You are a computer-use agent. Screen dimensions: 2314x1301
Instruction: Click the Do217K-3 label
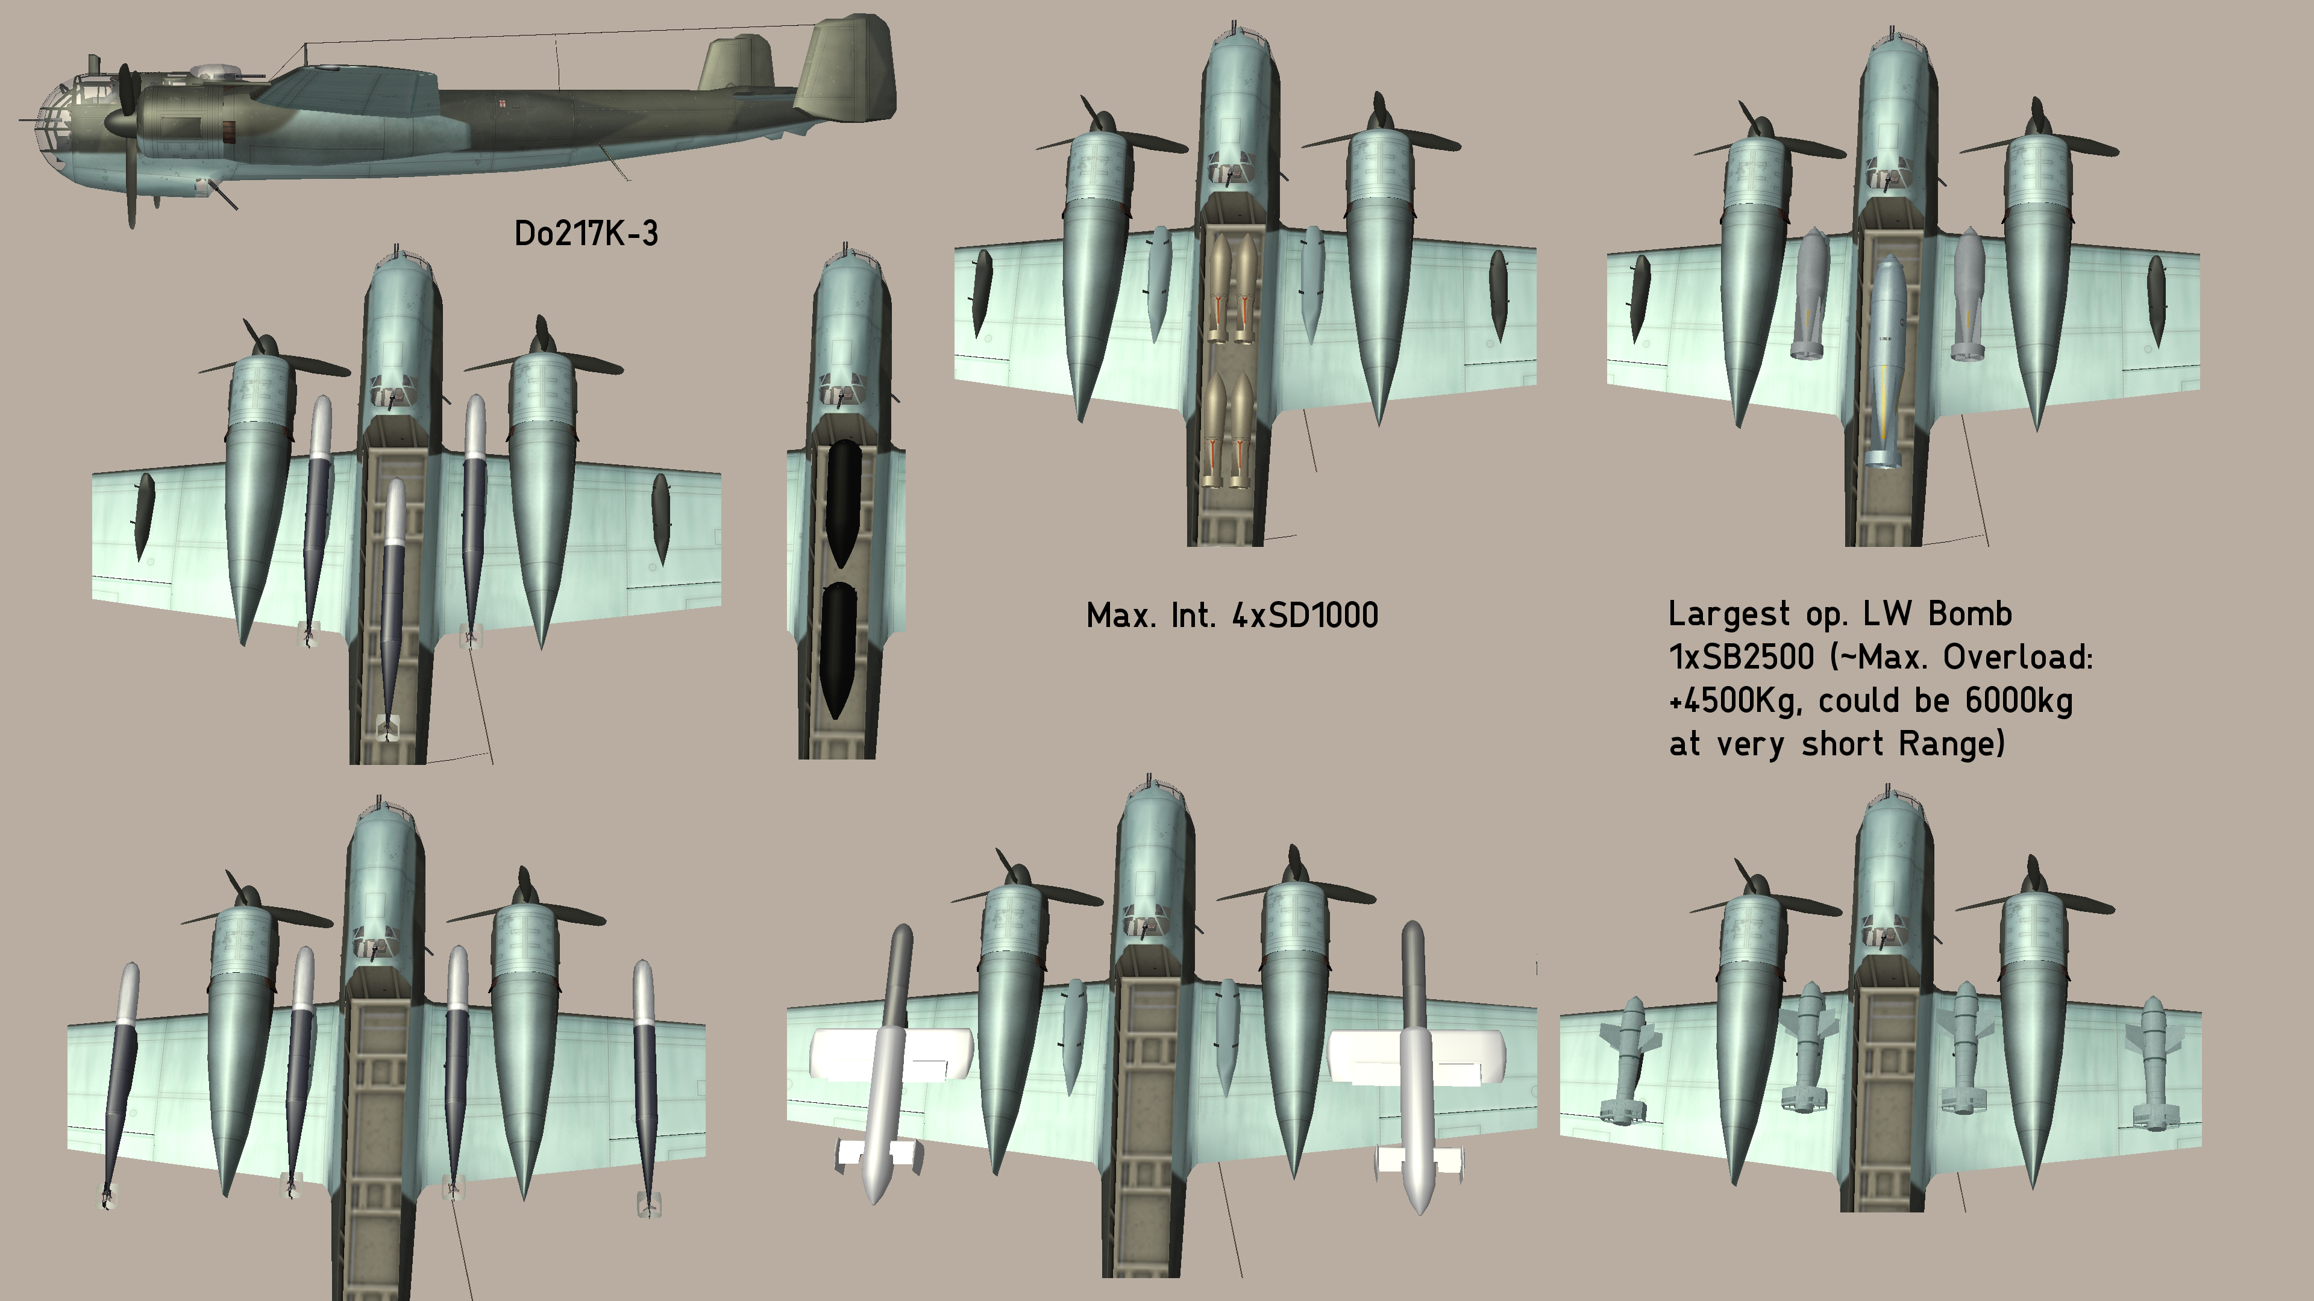586,234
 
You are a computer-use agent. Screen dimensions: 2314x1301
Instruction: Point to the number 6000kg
2019,700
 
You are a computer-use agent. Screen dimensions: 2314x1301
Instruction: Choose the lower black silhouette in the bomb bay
838,648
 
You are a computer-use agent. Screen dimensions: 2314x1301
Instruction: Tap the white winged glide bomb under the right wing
1415,1064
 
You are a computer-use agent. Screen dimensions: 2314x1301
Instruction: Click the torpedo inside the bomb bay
392,611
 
